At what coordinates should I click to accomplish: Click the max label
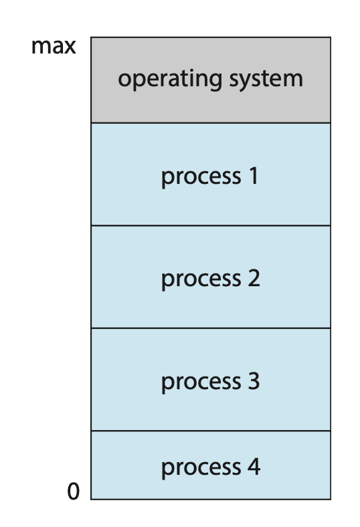[54, 46]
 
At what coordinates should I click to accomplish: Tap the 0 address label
[74, 492]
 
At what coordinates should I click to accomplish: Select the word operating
[170, 80]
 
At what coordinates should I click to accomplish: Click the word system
[266, 80]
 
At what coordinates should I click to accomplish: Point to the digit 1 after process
[254, 176]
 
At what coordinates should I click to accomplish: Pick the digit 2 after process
[254, 278]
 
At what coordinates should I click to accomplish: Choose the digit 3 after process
[254, 381]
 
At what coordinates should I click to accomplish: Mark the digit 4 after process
[254, 467]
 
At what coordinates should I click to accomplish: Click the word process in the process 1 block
[201, 177]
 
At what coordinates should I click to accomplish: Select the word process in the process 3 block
[201, 383]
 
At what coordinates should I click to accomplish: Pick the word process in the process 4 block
[201, 469]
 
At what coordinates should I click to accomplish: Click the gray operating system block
[211, 80]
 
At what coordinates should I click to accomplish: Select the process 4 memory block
[211, 465]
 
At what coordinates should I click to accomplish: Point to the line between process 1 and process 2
[211, 225]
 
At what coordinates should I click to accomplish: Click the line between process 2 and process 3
[211, 328]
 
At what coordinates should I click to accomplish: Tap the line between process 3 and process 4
[211, 431]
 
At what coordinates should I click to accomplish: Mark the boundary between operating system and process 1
[211, 123]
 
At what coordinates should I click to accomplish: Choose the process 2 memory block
[211, 277]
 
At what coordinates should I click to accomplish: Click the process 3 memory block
[211, 379]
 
